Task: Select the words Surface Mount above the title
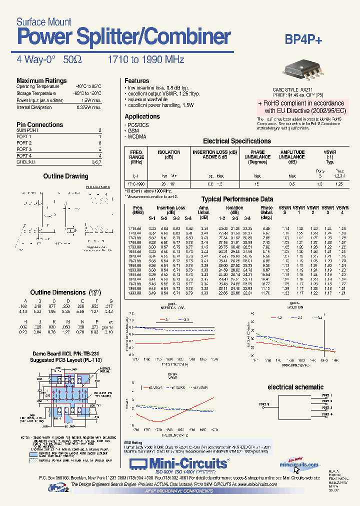(44, 22)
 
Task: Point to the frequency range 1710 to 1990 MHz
(146, 60)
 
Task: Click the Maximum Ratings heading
(41, 80)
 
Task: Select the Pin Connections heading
(39, 124)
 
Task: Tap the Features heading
(136, 80)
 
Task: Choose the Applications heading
(142, 116)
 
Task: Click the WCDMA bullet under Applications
(137, 136)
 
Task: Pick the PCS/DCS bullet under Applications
(139, 124)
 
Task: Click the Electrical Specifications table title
(236, 141)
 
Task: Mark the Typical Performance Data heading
(237, 199)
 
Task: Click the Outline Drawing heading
(65, 176)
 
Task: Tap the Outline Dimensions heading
(58, 292)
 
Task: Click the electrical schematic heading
(295, 387)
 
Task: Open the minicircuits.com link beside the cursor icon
(299, 465)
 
